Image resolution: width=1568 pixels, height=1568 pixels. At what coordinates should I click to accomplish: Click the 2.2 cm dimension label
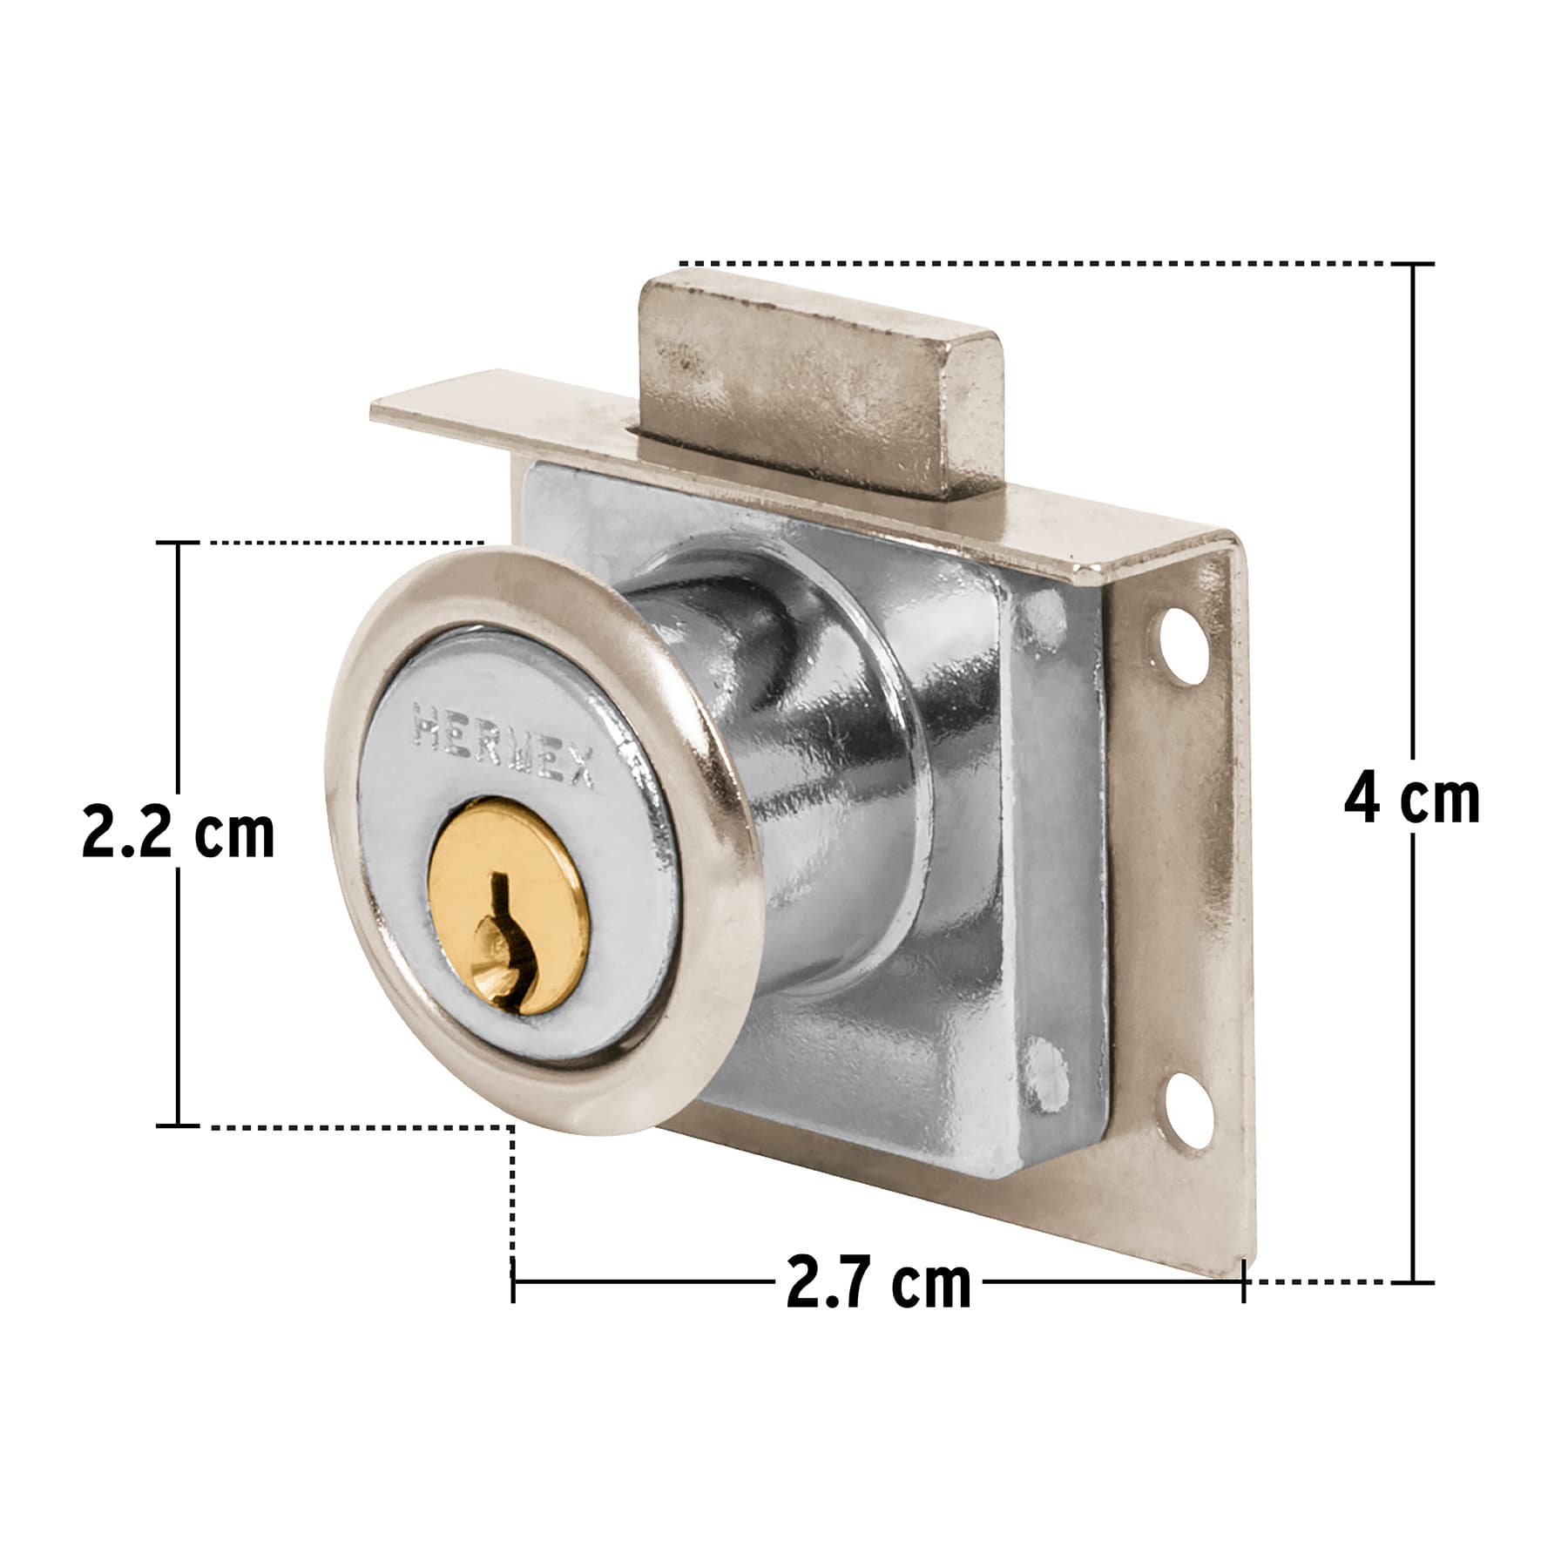coord(178,834)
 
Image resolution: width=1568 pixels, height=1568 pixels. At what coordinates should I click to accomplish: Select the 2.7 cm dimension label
coord(877,1282)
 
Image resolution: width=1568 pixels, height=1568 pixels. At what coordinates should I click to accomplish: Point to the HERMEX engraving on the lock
coord(504,747)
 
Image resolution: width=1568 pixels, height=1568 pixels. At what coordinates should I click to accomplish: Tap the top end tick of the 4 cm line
coord(1411,264)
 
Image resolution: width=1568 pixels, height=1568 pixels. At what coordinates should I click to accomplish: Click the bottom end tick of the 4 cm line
coord(1411,1281)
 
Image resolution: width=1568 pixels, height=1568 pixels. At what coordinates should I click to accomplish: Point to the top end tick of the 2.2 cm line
coord(179,543)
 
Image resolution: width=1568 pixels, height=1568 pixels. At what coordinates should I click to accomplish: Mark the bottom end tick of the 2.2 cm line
coord(179,1126)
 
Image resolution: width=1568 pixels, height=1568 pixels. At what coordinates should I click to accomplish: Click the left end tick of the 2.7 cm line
coord(513,1281)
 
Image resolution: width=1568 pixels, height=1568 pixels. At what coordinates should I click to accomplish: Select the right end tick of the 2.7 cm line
coord(1243,1281)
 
